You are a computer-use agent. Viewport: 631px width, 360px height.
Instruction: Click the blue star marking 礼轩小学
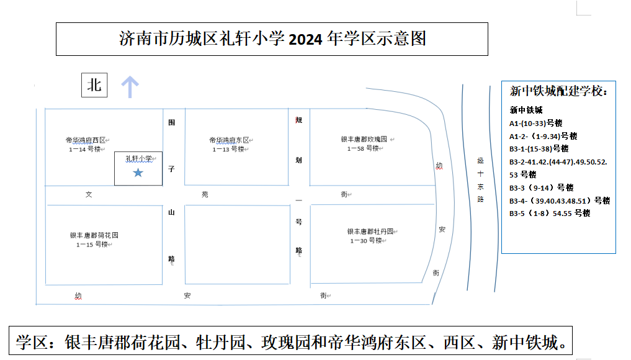pyautogui.click(x=138, y=173)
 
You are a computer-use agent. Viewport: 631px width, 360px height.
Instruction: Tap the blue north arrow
pyautogui.click(x=130, y=87)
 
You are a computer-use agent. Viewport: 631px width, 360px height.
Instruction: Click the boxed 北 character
pyautogui.click(x=94, y=85)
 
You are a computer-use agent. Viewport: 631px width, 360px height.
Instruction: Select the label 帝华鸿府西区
pyautogui.click(x=86, y=140)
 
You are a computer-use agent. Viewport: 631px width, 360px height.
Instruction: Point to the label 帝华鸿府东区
pyautogui.click(x=229, y=140)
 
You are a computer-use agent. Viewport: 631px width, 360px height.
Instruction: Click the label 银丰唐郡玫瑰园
pyautogui.click(x=364, y=139)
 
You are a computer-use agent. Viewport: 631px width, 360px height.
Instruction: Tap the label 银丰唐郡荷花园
pyautogui.click(x=94, y=235)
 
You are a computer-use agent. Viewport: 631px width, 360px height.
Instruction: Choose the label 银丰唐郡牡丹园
pyautogui.click(x=370, y=232)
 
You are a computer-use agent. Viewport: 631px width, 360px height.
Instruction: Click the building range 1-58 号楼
pyautogui.click(x=363, y=148)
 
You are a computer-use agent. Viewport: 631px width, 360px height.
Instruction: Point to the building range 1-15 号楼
pyautogui.click(x=92, y=245)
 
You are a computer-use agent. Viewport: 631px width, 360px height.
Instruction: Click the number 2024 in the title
pyautogui.click(x=305, y=40)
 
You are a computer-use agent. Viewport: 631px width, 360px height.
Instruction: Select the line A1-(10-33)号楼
pyautogui.click(x=535, y=124)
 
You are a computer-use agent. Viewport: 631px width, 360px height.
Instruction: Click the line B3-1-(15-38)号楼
pyautogui.click(x=539, y=149)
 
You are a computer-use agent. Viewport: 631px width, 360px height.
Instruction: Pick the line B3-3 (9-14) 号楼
pyautogui.click(x=541, y=187)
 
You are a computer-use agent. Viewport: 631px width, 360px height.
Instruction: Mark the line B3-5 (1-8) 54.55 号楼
pyautogui.click(x=550, y=214)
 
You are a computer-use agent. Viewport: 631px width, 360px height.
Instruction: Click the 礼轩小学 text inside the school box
pyautogui.click(x=139, y=159)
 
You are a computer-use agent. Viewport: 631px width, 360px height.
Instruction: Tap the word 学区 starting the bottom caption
pyautogui.click(x=32, y=342)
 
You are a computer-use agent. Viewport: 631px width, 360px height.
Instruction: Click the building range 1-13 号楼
pyautogui.click(x=228, y=150)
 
